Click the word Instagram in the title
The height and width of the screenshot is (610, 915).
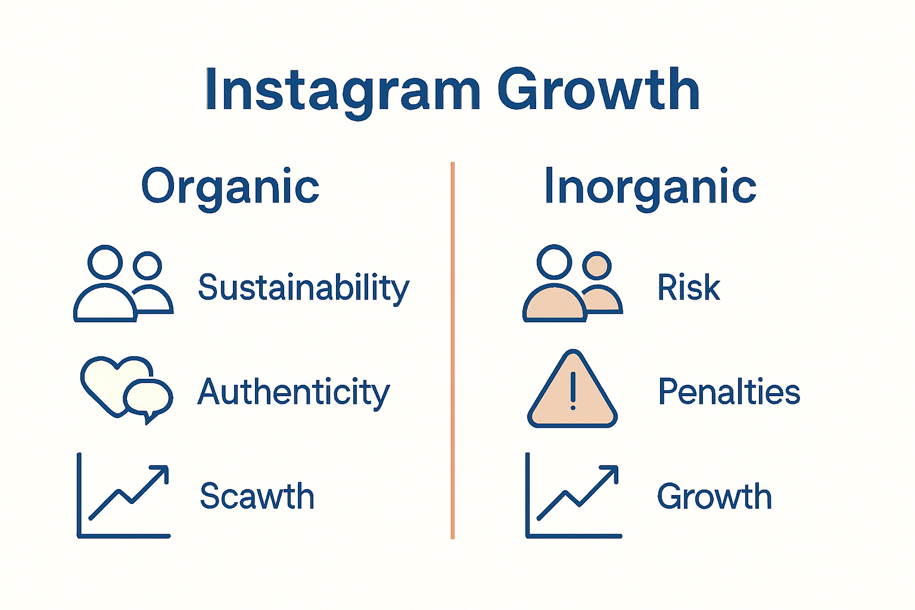click(342, 91)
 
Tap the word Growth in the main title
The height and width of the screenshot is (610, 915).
click(598, 91)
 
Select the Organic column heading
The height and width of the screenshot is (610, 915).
click(230, 187)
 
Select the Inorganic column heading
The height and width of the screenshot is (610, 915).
click(650, 187)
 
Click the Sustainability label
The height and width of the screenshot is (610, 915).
click(303, 288)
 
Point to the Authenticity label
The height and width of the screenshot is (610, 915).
click(293, 393)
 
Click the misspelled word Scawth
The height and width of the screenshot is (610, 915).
click(257, 496)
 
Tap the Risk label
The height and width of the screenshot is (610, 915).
click(688, 288)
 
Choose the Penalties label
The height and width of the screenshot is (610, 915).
click(729, 392)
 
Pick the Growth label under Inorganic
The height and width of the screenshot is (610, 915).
click(714, 496)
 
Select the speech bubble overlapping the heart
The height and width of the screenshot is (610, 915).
click(148, 397)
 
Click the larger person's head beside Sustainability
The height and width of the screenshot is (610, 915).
click(105, 262)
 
